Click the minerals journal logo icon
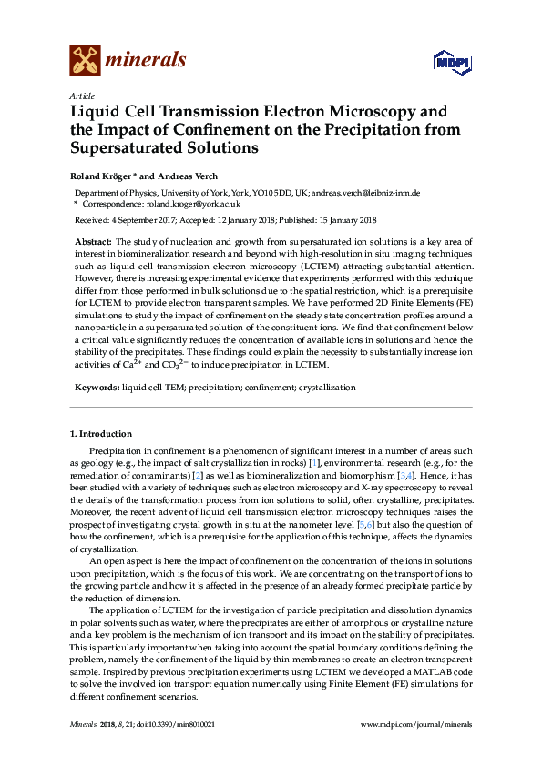point(85,59)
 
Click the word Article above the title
point(82,96)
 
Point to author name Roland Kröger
point(102,176)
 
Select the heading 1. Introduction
point(101,434)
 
